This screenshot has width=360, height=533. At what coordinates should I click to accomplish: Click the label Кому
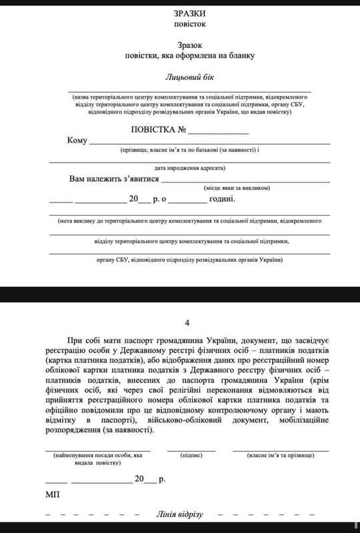click(x=77, y=141)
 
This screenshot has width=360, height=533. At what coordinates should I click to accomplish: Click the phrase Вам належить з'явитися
click(x=113, y=179)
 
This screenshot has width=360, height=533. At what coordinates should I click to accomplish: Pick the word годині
click(x=223, y=199)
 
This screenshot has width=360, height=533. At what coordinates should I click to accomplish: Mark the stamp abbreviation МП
click(x=53, y=496)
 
